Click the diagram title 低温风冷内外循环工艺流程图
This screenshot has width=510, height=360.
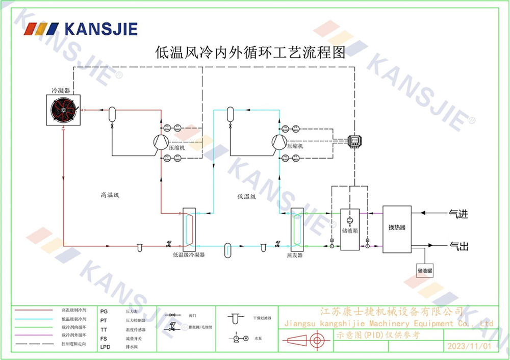tap(250, 53)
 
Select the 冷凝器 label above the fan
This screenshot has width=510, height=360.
tap(60, 90)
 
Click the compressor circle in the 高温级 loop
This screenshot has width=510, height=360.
tap(161, 141)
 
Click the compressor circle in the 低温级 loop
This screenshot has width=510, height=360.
tap(279, 141)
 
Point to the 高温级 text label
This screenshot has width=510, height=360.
tap(109, 195)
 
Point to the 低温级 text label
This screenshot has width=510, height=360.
tap(246, 196)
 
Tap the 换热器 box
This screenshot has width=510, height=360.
tap(397, 228)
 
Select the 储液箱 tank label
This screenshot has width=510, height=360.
tap(349, 230)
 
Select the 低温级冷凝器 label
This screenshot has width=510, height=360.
tap(189, 254)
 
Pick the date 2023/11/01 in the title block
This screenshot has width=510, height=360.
tap(469, 346)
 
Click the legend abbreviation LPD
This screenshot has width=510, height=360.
tap(105, 347)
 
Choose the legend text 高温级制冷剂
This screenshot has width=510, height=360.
tap(74, 310)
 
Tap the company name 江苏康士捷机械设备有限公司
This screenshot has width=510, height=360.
tap(391, 312)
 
